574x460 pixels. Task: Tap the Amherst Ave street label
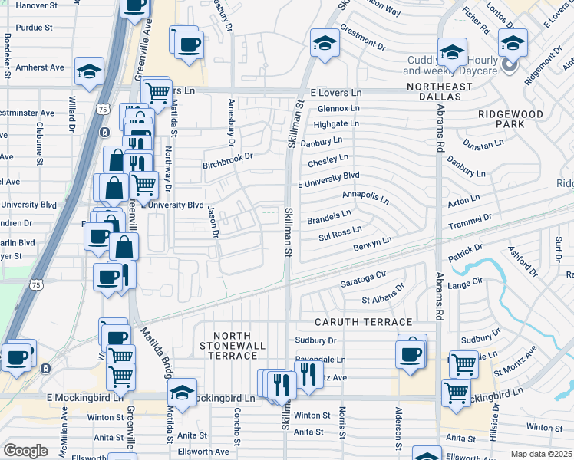click(36, 67)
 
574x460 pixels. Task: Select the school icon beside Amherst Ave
click(89, 72)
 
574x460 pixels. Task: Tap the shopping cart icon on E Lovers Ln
click(157, 93)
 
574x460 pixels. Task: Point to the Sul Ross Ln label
click(339, 238)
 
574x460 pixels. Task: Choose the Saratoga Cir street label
click(362, 283)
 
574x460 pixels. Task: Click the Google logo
click(25, 451)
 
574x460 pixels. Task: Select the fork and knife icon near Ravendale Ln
click(308, 374)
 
